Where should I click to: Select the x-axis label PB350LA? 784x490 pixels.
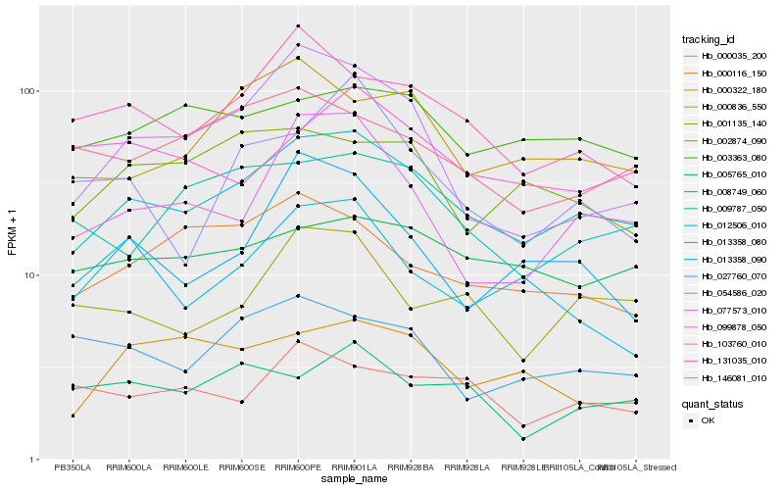pos(73,468)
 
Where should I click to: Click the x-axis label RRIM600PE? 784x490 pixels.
pos(298,468)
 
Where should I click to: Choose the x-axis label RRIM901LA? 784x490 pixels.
pos(354,468)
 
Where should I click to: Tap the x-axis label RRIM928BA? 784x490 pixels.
pos(411,468)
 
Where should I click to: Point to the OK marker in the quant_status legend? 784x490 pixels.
pos(691,420)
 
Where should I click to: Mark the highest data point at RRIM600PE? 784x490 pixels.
pos(298,25)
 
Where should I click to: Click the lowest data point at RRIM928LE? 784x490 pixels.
pos(523,439)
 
